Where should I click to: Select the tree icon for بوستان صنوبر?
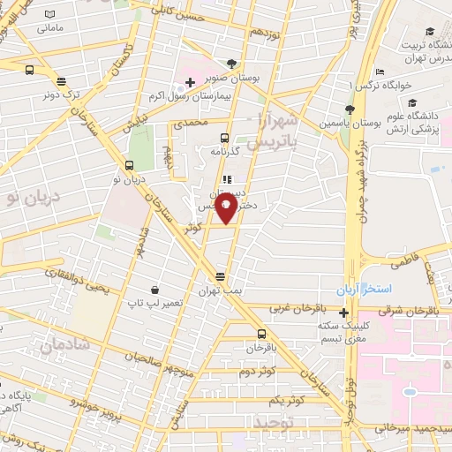pyautogui.click(x=231, y=64)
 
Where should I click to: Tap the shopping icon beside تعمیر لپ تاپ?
pyautogui.click(x=155, y=290)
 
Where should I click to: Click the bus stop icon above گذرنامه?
pyautogui.click(x=224, y=138)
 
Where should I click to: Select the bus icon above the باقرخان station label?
pyautogui.click(x=261, y=334)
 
